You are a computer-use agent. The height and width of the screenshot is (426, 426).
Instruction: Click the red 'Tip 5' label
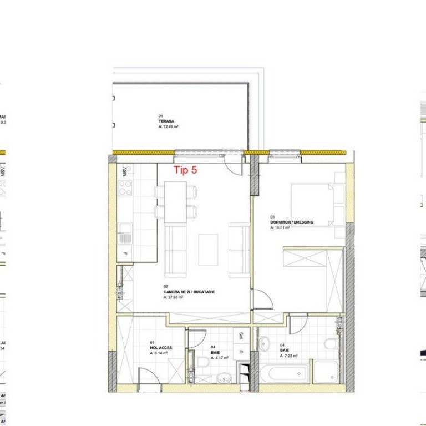tap(185, 170)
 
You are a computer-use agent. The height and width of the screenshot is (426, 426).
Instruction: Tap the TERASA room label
tap(165, 121)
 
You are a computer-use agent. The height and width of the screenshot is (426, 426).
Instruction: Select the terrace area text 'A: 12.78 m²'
tap(169, 127)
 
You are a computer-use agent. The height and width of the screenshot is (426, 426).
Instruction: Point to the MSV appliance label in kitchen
tap(125, 170)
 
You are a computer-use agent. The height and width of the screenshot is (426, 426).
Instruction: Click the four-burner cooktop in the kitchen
tap(125, 188)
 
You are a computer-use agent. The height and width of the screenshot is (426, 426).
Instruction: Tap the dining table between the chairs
tap(176, 202)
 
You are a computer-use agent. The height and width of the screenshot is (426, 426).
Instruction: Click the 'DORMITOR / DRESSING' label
tap(292, 222)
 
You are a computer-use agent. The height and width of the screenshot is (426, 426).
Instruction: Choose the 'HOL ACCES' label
tap(161, 348)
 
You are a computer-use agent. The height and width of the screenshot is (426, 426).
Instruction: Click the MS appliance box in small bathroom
tap(241, 336)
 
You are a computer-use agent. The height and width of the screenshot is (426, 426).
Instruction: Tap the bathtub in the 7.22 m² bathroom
tap(283, 373)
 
